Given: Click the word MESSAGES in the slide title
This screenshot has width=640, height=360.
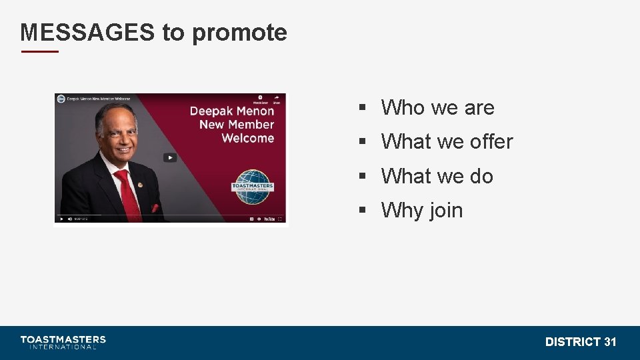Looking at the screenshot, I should (87, 32).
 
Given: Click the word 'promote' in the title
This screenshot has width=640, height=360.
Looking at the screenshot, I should (239, 33).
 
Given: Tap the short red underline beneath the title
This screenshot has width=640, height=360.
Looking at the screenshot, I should (39, 51).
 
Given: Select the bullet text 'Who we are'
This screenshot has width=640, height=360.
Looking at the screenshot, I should (437, 107).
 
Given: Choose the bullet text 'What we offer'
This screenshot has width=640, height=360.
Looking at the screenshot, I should (447, 141).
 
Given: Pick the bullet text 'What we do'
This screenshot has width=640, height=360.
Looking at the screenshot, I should (437, 176).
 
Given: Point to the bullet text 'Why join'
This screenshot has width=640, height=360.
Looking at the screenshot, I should (421, 210).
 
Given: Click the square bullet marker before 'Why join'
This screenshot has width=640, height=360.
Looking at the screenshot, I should (363, 210).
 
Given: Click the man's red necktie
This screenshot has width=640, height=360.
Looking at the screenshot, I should (127, 193).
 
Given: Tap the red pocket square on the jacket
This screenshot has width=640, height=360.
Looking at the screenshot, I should (155, 208).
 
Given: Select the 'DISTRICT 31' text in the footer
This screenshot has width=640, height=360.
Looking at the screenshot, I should (580, 342).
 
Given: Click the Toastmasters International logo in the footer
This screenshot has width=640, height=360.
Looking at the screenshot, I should (63, 342).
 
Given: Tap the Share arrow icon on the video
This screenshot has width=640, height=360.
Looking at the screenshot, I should (276, 97).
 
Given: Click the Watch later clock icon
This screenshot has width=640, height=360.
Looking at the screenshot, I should (260, 97).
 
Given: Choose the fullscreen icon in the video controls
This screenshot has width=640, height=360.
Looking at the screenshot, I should (280, 219).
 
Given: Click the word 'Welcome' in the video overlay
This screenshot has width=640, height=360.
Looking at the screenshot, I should (247, 138).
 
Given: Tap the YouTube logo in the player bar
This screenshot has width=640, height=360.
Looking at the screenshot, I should (269, 219).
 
